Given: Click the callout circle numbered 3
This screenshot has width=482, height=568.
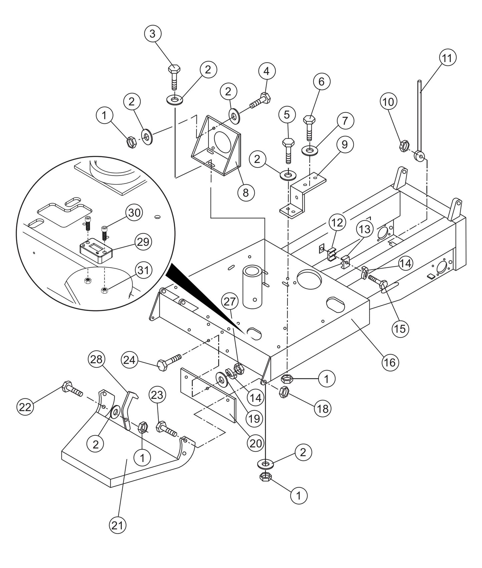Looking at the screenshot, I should tap(153, 34).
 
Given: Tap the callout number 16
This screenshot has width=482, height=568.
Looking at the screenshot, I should tap(390, 362).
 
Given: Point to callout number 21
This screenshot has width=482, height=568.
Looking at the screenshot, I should tap(117, 526).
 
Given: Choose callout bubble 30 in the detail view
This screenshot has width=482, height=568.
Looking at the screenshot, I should tap(134, 213).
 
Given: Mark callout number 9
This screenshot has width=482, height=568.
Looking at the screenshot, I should tap(345, 145).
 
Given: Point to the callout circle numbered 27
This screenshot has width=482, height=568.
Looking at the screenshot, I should tap(229, 302).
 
